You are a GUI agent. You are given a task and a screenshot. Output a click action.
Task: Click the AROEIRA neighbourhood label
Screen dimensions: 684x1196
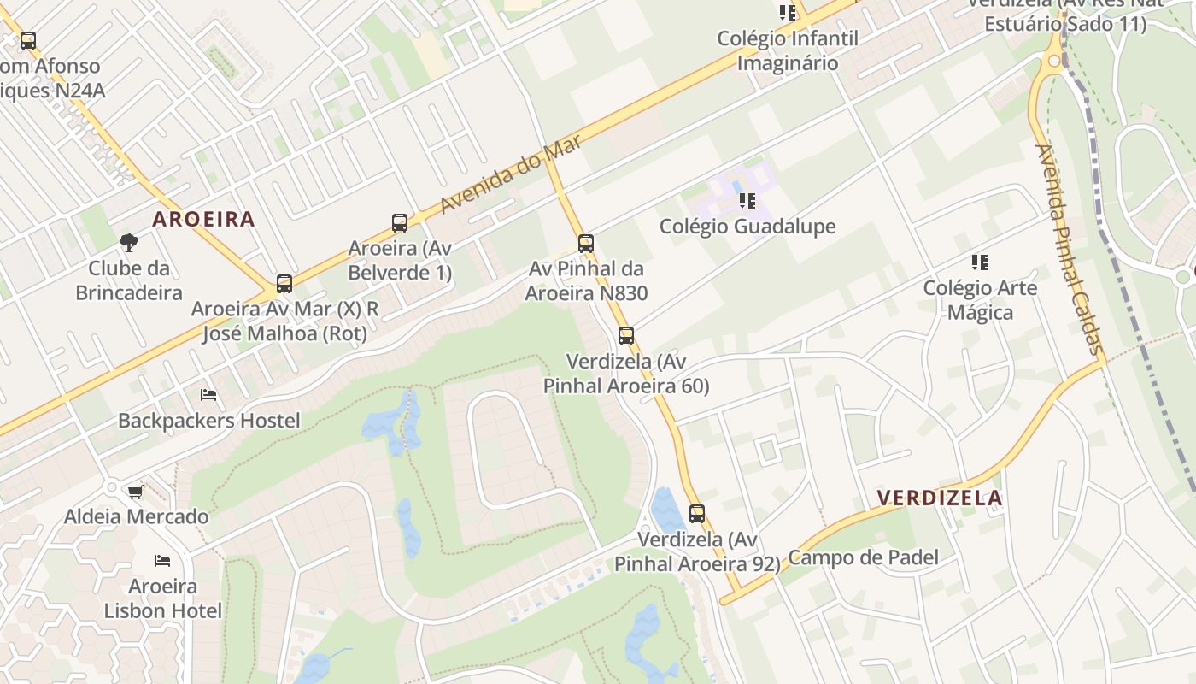click(x=203, y=219)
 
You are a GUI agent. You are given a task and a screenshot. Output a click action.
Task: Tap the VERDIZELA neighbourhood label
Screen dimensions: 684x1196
click(x=940, y=498)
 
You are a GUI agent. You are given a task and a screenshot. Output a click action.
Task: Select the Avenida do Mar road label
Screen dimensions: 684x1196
click(x=512, y=174)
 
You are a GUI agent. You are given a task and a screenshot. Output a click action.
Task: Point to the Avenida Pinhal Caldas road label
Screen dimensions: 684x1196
click(x=1068, y=248)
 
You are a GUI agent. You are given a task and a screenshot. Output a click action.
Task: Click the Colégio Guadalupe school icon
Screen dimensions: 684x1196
click(x=747, y=201)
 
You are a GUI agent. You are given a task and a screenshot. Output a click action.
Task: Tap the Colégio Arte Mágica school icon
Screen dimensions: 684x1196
click(x=980, y=262)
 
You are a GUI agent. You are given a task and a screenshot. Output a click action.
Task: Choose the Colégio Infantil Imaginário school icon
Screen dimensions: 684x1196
click(x=788, y=13)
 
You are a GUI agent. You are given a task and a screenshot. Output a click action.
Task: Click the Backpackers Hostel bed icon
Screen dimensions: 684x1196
click(x=208, y=395)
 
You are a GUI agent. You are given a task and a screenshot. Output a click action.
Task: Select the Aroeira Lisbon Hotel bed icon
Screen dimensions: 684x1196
click(x=162, y=561)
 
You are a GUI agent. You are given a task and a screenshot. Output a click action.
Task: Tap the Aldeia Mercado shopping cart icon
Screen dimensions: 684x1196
click(x=135, y=492)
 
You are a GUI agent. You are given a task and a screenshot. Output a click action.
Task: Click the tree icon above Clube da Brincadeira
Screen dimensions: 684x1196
click(x=129, y=243)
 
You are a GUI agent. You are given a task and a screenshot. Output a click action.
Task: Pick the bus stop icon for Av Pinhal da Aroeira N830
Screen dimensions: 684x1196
click(x=586, y=244)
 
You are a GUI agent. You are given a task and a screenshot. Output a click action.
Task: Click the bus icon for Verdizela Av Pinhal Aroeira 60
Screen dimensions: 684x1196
click(x=626, y=336)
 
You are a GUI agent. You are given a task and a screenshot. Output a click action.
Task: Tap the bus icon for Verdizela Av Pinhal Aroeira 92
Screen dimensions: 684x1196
click(x=697, y=514)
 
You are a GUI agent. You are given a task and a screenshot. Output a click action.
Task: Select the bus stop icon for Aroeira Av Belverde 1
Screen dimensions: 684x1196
click(x=400, y=223)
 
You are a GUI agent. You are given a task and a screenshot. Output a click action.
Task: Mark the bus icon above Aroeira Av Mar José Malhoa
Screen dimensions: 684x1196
click(x=284, y=284)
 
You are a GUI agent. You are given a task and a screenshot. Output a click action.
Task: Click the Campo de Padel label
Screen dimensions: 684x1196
click(x=863, y=558)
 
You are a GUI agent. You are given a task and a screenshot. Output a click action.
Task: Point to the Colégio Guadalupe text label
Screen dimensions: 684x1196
click(x=747, y=227)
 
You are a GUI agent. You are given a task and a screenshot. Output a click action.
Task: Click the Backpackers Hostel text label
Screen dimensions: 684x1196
click(x=209, y=421)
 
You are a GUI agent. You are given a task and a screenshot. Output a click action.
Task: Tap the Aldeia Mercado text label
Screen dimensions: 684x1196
click(x=137, y=516)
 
